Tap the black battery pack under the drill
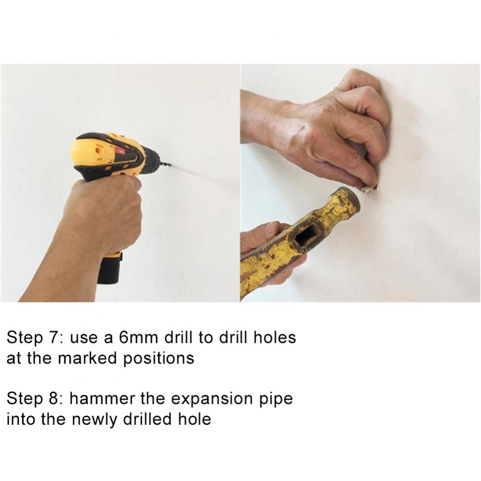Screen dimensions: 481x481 (x=110, y=268)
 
